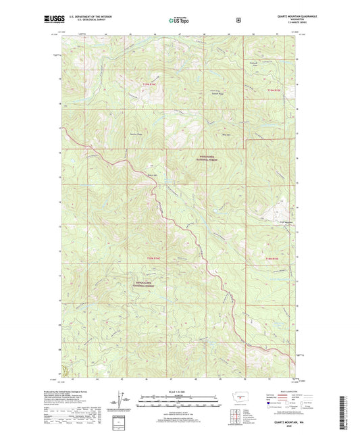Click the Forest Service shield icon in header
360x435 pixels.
click(238, 20)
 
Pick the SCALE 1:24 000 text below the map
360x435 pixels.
click(179, 392)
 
